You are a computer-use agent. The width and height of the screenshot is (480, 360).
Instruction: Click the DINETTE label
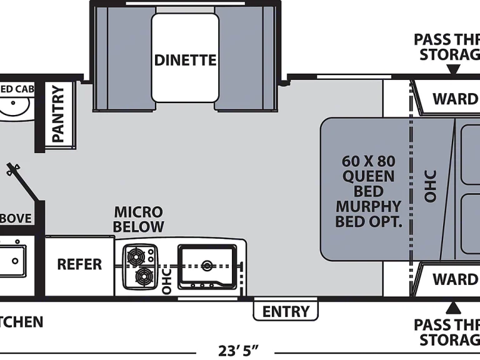tap(185, 61)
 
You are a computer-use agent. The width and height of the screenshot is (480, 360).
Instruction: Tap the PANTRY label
tap(58, 114)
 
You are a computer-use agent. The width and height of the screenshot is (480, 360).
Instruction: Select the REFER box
tap(79, 264)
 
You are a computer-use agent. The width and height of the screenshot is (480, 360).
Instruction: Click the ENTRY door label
tap(286, 311)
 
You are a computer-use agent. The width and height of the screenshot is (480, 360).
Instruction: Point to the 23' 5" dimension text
tap(238, 350)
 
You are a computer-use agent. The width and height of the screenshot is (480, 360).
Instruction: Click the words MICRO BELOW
tap(138, 219)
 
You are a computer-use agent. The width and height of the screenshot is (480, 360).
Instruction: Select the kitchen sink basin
tap(207, 266)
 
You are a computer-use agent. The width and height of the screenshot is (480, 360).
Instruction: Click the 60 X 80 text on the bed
tap(368, 161)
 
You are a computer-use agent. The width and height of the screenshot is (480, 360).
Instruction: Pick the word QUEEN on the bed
tap(368, 176)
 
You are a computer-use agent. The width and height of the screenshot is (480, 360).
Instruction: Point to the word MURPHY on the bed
tap(368, 206)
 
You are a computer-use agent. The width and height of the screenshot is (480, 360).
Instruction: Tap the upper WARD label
tap(455, 99)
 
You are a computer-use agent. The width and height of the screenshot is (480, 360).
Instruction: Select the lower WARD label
tap(455, 278)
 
